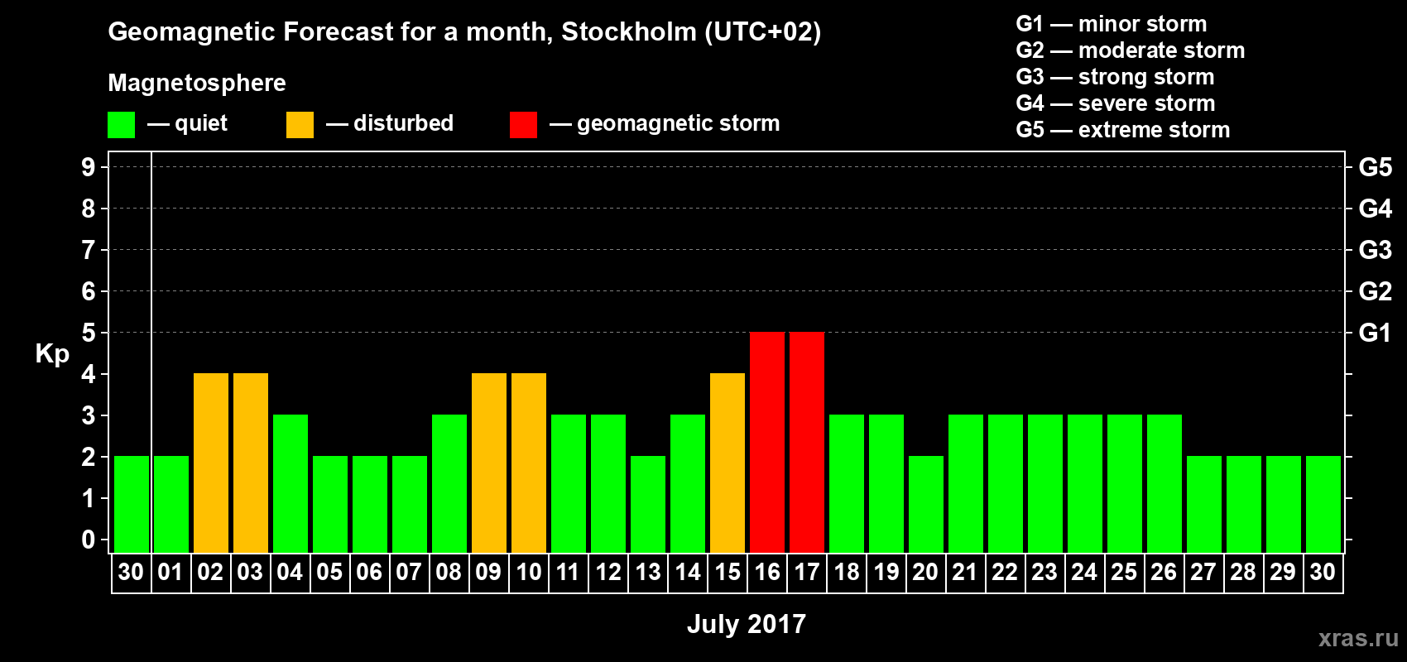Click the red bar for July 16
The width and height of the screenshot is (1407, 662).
pyautogui.click(x=767, y=442)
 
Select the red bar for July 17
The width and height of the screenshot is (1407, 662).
pyautogui.click(x=807, y=442)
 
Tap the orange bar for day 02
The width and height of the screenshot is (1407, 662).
pyautogui.click(x=211, y=463)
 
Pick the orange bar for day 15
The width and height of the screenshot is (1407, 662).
pyautogui.click(x=728, y=463)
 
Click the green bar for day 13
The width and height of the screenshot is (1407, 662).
pyautogui.click(x=648, y=504)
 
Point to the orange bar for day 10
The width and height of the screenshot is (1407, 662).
pyautogui.click(x=529, y=463)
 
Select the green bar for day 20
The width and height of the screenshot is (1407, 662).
pyautogui.click(x=926, y=504)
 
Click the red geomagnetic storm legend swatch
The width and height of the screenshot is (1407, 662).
pyautogui.click(x=523, y=125)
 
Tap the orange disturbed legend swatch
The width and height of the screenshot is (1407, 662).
pyautogui.click(x=300, y=125)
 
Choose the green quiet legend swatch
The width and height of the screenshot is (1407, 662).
pyautogui.click(x=121, y=125)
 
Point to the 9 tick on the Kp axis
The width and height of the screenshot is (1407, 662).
pyautogui.click(x=89, y=167)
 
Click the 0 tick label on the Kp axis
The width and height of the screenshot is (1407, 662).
pyautogui.click(x=89, y=540)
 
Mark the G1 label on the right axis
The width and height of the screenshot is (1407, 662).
pyautogui.click(x=1375, y=333)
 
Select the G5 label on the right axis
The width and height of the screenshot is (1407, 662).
pyautogui.click(x=1375, y=167)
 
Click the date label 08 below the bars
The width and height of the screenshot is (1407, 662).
pyautogui.click(x=449, y=572)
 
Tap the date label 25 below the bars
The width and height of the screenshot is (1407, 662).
pyautogui.click(x=1124, y=572)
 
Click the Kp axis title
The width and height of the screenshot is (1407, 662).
pyautogui.click(x=52, y=353)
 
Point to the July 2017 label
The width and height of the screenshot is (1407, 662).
pyautogui.click(x=746, y=623)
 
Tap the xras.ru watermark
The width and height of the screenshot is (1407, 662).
pyautogui.click(x=1357, y=637)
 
